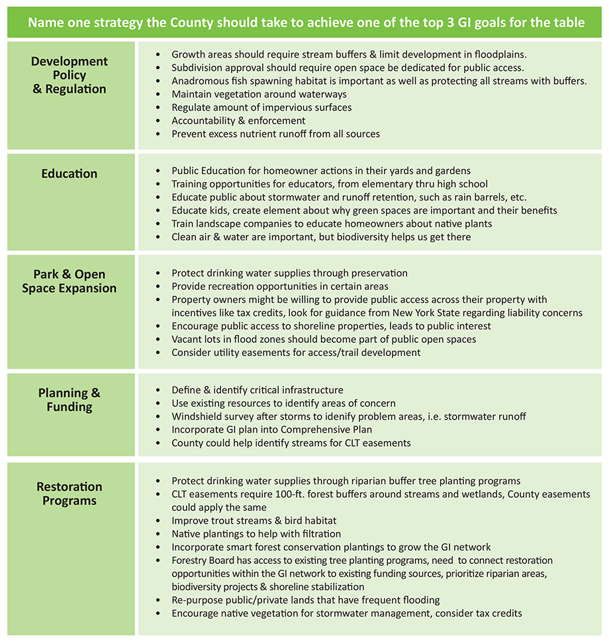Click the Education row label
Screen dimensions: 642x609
70,174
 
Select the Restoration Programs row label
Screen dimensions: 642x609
70,494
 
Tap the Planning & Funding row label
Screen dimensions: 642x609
70,400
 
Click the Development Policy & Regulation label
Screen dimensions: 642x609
70,75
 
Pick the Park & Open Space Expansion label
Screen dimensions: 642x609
70,281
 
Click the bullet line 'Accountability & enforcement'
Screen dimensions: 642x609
238,120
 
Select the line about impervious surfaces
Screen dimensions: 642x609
261,107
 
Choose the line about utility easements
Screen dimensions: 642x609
296,353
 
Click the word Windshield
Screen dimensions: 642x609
197,417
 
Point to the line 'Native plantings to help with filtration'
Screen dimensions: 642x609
256,534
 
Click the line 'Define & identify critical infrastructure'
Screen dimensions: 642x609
258,390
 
